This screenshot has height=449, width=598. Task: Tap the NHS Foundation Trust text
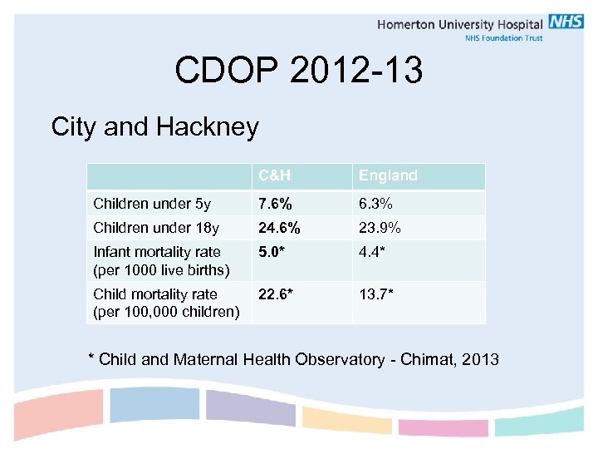click(x=503, y=38)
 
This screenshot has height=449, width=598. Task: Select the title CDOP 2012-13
click(x=298, y=71)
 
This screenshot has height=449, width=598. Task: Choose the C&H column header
click(x=274, y=175)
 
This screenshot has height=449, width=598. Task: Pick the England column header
click(x=388, y=175)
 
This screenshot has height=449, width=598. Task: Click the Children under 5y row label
click(x=152, y=204)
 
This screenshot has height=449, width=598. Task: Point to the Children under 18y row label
click(x=156, y=229)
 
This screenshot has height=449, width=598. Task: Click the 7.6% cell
click(x=275, y=204)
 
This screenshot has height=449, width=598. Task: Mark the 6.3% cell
click(x=375, y=204)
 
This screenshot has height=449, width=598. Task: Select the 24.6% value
click(x=279, y=229)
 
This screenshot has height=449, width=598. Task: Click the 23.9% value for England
click(x=380, y=229)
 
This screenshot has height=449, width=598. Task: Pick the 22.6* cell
click(x=276, y=294)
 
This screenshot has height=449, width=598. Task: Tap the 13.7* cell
click(x=376, y=294)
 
